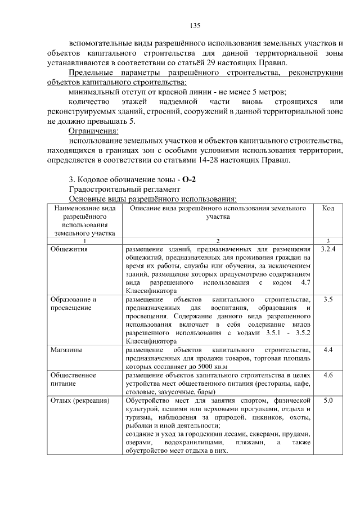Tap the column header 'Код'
[x=328, y=209]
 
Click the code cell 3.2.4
[x=328, y=249]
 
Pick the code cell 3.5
[x=328, y=300]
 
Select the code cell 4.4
[x=328, y=350]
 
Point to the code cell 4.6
[x=328, y=375]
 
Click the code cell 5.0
[x=328, y=400]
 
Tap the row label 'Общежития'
[x=68, y=249]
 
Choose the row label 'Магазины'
[x=65, y=350]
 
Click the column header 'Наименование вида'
[x=84, y=209]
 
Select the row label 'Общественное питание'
[x=73, y=379]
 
